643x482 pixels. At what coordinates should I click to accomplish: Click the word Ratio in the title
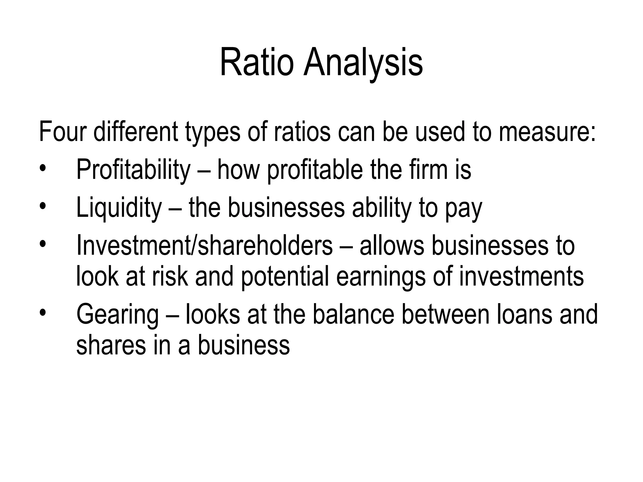point(257,63)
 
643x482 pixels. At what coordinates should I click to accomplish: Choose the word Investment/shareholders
point(204,245)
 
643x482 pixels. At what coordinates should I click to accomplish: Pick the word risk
point(170,276)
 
